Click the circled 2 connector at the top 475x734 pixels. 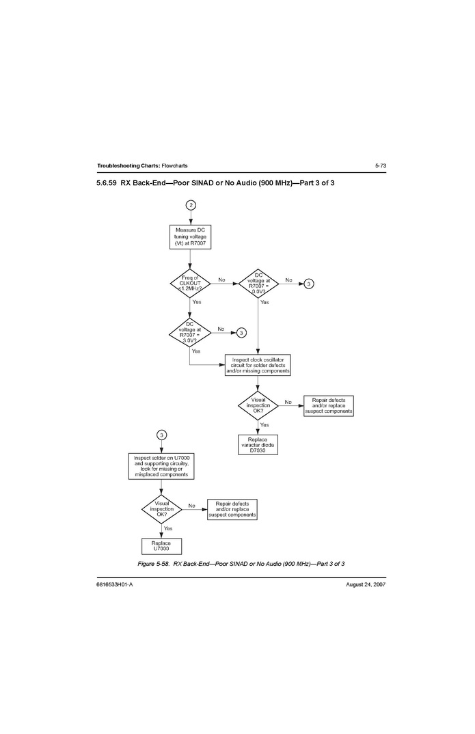(x=191, y=205)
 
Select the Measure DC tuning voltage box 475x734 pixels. (x=190, y=237)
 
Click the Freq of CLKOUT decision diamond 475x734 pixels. (x=190, y=283)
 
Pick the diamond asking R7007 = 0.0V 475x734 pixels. (x=258, y=284)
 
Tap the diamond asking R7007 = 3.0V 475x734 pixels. (x=189, y=333)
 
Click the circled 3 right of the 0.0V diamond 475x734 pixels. (x=309, y=284)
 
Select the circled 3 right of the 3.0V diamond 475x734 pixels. (x=241, y=333)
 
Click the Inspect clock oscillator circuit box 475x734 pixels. (x=258, y=365)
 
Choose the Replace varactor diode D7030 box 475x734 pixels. (x=258, y=445)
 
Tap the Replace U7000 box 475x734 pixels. (x=161, y=546)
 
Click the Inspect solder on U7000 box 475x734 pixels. (x=161, y=466)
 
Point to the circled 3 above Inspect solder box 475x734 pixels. (x=161, y=435)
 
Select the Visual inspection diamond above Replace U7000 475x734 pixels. (x=161, y=509)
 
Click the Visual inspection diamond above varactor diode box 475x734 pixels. (x=258, y=405)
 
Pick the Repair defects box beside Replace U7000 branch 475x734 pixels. (x=232, y=509)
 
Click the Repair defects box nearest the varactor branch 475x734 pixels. (x=329, y=406)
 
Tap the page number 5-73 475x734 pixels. (x=381, y=165)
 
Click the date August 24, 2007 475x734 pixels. (x=366, y=584)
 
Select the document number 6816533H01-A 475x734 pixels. (x=115, y=584)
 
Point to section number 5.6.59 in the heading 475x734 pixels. (x=106, y=183)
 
